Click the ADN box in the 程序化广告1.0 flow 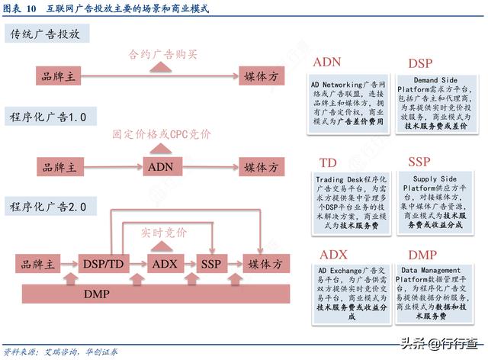160,167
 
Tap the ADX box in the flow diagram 163,264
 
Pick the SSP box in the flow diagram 210,264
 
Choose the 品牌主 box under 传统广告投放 59,76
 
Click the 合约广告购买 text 162,55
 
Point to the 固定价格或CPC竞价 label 162,134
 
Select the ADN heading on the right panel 327,62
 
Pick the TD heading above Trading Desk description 329,163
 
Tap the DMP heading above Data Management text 422,256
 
